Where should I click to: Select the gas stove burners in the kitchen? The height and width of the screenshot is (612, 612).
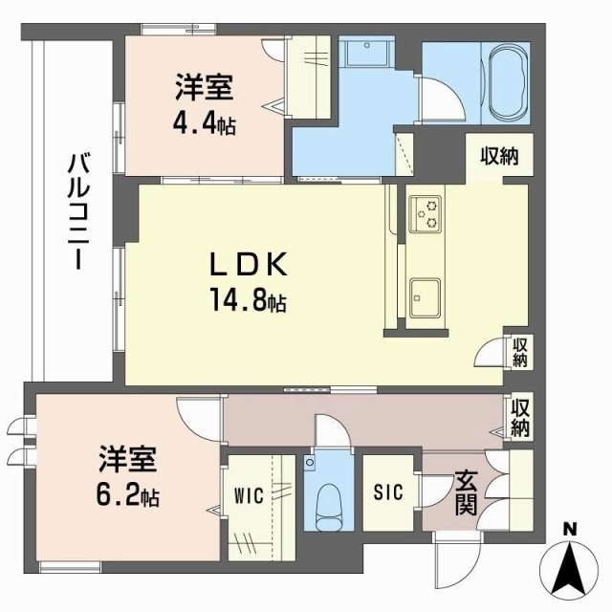[424, 214]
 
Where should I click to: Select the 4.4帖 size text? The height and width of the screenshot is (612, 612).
[205, 123]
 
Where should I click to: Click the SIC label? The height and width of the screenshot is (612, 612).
[389, 492]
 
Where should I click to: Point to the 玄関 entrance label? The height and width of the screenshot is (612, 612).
[466, 492]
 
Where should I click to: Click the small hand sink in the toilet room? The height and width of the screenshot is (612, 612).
[310, 464]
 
